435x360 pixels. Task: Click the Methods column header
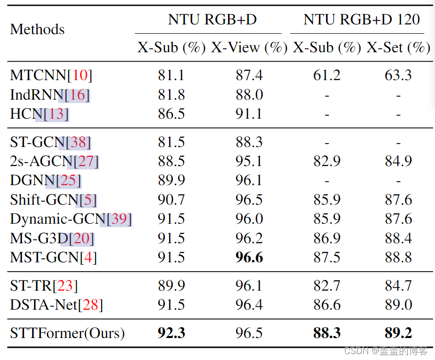pyautogui.click(x=37, y=29)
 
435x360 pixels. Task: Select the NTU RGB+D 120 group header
pyautogui.click(x=361, y=20)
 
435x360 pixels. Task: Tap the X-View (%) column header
pyautogui.click(x=249, y=48)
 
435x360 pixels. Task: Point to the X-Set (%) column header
pyautogui.click(x=398, y=48)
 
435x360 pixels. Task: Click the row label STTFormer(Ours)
pyautogui.click(x=67, y=333)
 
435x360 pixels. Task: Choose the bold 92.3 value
pyautogui.click(x=171, y=333)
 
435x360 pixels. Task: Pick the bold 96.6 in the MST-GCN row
pyautogui.click(x=249, y=257)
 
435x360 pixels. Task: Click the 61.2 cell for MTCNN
pyautogui.click(x=327, y=75)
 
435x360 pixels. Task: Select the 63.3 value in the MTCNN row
pyautogui.click(x=398, y=75)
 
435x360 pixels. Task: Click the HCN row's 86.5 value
pyautogui.click(x=171, y=114)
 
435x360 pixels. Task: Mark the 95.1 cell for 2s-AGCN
pyautogui.click(x=249, y=161)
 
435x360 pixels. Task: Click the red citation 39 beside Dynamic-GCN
pyautogui.click(x=119, y=219)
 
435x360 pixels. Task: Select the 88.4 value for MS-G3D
pyautogui.click(x=398, y=238)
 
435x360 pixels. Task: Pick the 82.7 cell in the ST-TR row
pyautogui.click(x=327, y=286)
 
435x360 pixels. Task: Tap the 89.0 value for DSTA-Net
pyautogui.click(x=398, y=305)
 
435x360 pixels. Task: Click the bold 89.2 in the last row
pyautogui.click(x=398, y=333)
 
